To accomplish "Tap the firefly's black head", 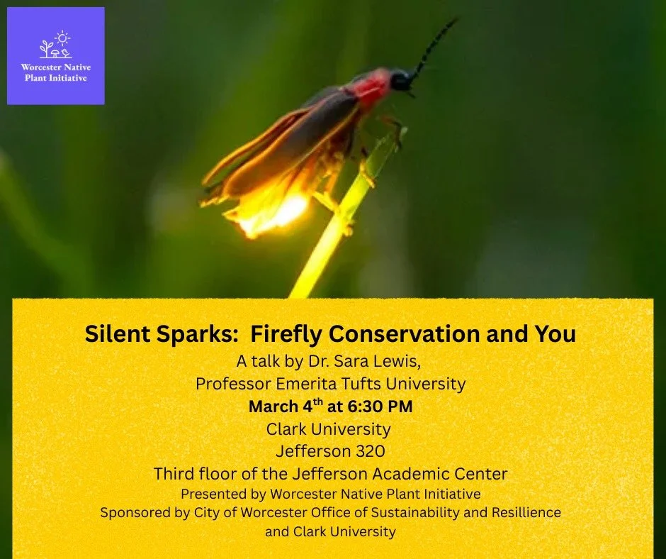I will pos(401,79).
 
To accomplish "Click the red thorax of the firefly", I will pos(373,89).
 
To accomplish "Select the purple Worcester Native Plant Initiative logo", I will pos(56,56).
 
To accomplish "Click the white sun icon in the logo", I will pos(62,38).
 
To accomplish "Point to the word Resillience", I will pos(520,512).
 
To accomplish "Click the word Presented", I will pos(214,494).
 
